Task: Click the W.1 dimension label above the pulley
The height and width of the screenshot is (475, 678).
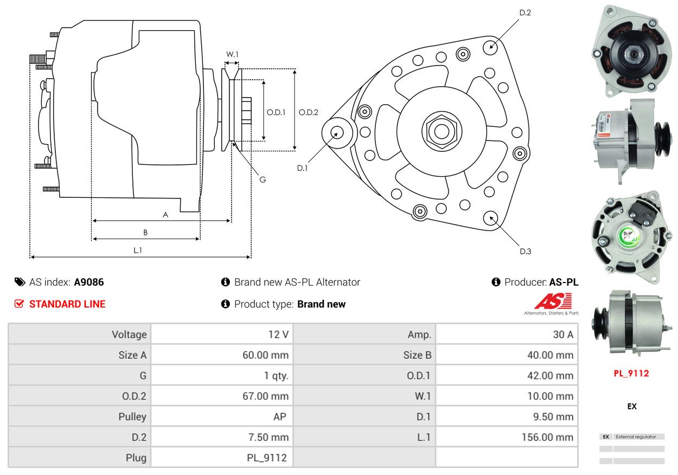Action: pos(232,54)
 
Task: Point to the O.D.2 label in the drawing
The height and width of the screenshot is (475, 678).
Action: pos(308,112)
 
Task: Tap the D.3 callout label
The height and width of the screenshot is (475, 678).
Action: pos(525,251)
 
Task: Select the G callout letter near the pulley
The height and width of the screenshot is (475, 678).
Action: pos(263,179)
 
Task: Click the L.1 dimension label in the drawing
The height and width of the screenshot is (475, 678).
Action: pos(138,250)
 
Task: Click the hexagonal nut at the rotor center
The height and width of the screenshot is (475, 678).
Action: pos(442,131)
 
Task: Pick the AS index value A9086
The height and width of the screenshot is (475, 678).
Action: pos(89,282)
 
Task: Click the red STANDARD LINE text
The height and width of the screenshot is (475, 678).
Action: pos(67,304)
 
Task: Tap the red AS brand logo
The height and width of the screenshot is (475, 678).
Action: pos(553,301)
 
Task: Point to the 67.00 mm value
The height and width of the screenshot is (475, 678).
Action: pos(265,396)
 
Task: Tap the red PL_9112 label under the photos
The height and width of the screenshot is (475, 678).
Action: pos(631,374)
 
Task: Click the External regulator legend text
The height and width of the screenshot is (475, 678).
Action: pos(636,437)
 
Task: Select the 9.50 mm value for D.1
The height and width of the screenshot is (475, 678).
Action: pos(553,416)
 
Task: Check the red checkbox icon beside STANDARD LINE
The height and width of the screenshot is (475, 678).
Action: pos(19,304)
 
